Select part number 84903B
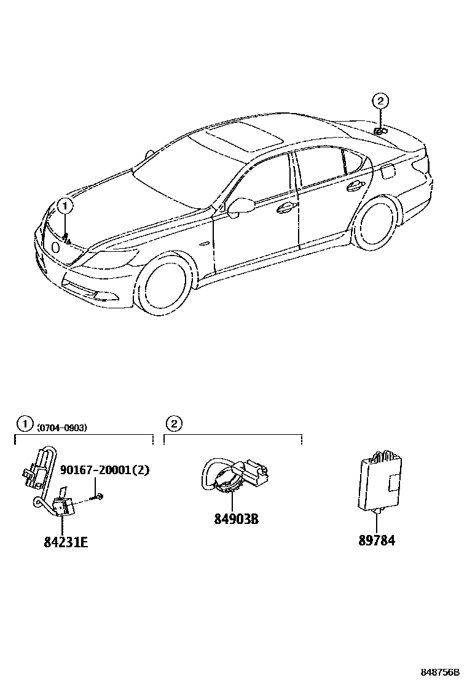pyautogui.click(x=236, y=519)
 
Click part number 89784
pyautogui.click(x=376, y=541)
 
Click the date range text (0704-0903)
pyautogui.click(x=62, y=427)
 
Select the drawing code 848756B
pyautogui.click(x=440, y=673)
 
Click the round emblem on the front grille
pyautogui.click(x=55, y=247)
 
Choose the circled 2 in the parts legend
pyautogui.click(x=174, y=423)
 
